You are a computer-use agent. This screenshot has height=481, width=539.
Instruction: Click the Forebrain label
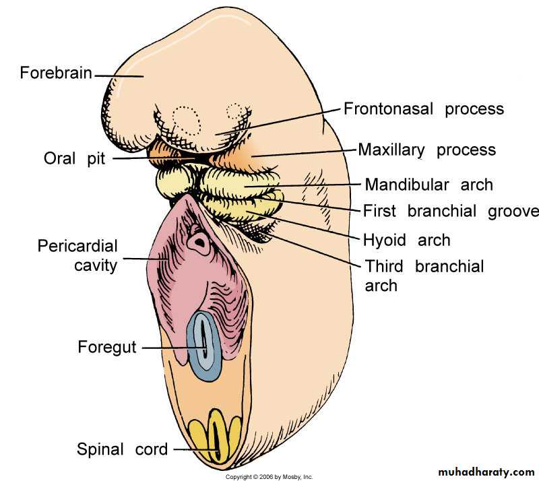56,72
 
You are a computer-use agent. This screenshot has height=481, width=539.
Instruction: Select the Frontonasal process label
424,108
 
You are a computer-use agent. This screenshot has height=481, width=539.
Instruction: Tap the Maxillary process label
426,149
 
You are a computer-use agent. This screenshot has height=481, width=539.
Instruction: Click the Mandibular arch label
429,185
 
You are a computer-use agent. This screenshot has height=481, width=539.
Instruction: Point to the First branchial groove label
451,211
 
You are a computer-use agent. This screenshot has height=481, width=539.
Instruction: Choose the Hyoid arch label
406,240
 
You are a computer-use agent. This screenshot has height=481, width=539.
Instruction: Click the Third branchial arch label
424,275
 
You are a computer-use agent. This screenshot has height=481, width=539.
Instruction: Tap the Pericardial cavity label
77,255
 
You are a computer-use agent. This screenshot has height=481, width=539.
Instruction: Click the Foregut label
106,348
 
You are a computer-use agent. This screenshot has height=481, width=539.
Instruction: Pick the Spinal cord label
122,449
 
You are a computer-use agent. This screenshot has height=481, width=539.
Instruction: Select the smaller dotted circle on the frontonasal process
234,111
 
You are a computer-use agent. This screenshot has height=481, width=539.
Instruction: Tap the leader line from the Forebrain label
119,75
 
